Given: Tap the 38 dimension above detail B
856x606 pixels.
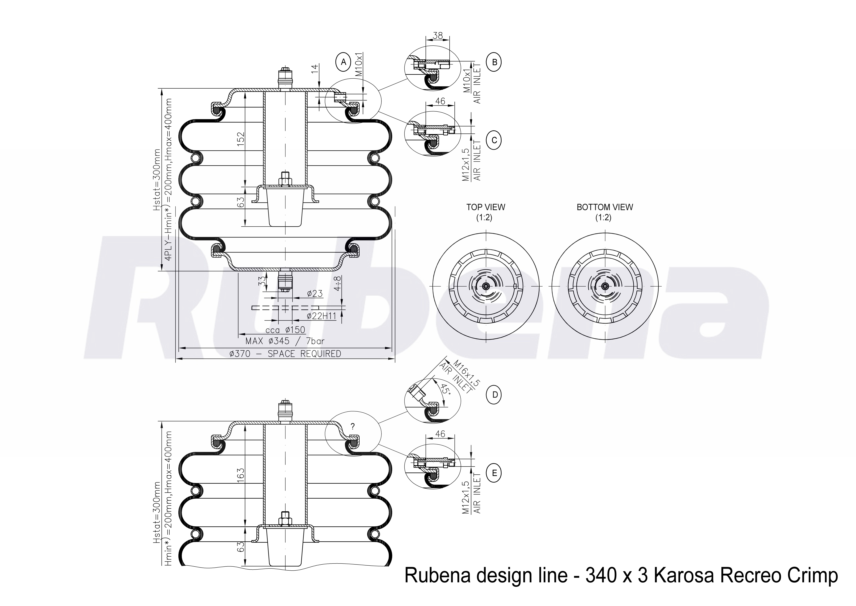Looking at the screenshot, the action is [438, 35].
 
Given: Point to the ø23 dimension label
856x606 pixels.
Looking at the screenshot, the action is [315, 293].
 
